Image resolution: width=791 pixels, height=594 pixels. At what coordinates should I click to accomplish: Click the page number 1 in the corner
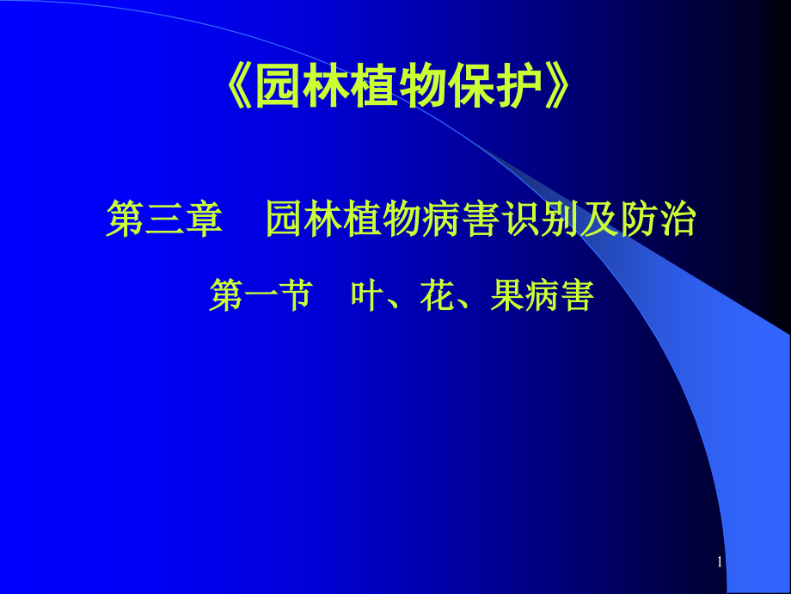(x=720, y=562)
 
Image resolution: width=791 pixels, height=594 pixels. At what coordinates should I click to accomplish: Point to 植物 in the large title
(x=399, y=90)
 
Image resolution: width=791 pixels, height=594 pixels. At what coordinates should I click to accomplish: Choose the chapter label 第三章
(x=164, y=220)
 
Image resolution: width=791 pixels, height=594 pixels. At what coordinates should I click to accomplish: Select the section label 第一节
(x=260, y=296)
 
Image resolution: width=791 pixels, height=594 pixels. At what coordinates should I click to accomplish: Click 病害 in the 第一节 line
(x=559, y=296)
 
